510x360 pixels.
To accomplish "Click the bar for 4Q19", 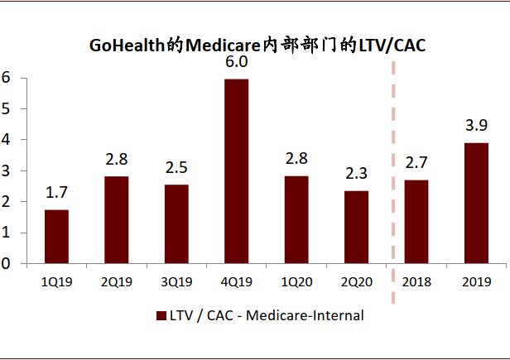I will click(x=236, y=171).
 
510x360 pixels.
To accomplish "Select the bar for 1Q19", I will click(x=56, y=237).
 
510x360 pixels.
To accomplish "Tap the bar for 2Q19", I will click(x=116, y=220).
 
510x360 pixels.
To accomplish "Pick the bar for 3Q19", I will click(x=176, y=224).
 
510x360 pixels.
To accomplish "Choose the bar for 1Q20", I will click(x=296, y=220).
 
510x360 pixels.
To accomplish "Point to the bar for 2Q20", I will click(x=356, y=228).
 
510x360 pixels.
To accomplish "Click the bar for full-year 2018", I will click(x=416, y=222).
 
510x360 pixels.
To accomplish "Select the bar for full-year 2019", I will click(x=475, y=204).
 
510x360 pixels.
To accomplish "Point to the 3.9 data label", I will click(x=475, y=127).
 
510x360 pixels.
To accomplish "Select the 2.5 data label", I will click(x=176, y=168).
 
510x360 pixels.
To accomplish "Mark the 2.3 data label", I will click(x=356, y=174).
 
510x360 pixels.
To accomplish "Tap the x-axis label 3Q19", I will click(x=176, y=282).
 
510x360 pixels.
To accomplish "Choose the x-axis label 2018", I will click(x=416, y=282).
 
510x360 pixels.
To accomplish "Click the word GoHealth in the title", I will click(x=127, y=45).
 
